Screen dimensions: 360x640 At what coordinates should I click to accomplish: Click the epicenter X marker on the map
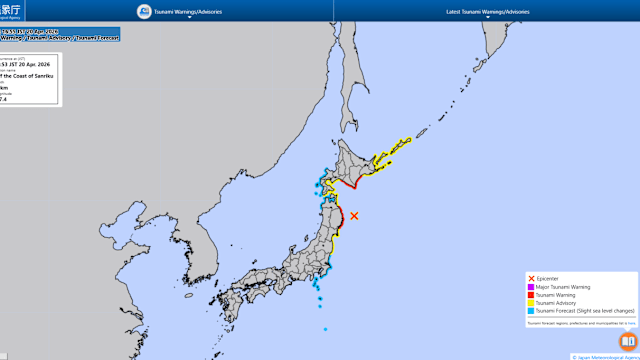[x=354, y=215]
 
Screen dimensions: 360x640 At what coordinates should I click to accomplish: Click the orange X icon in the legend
[x=530, y=277]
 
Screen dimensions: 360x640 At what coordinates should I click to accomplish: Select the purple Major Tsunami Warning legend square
[x=530, y=286]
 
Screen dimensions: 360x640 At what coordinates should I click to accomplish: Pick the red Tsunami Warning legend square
[x=530, y=294]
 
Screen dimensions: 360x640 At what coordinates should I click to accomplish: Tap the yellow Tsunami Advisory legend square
[x=530, y=303]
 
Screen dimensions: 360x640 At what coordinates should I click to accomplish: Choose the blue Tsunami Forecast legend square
[x=530, y=311]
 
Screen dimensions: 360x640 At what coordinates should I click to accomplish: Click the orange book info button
[x=627, y=341]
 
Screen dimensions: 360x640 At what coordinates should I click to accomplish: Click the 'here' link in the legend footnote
[x=631, y=323]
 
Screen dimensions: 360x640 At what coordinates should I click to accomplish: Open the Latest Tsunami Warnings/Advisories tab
[x=486, y=11]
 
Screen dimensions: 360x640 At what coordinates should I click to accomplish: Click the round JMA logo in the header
[x=144, y=11]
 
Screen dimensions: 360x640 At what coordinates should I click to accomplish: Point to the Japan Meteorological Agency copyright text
[x=604, y=356]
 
